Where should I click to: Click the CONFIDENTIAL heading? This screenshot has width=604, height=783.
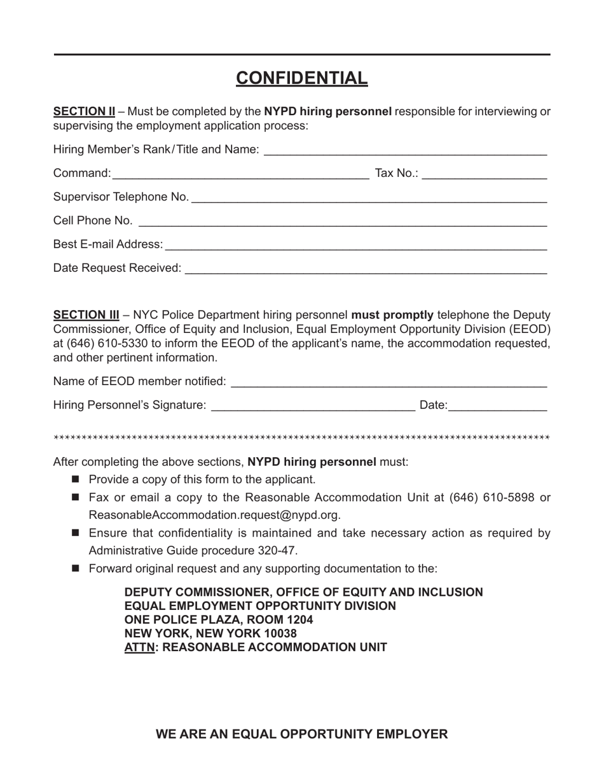point(301,78)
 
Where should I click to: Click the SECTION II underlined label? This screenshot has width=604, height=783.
point(84,111)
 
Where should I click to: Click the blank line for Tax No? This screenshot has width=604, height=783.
point(484,174)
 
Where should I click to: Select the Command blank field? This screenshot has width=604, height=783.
point(240,174)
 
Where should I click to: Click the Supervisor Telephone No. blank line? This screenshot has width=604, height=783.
point(369,198)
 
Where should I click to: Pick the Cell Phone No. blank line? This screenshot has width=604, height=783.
point(342,222)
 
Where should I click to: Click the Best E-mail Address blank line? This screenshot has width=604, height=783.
point(356,245)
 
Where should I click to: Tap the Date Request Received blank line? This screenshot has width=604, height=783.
point(366,269)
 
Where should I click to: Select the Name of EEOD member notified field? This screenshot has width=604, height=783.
point(388,382)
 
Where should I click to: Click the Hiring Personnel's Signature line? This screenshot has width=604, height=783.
point(313,406)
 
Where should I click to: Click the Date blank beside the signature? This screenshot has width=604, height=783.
point(498,406)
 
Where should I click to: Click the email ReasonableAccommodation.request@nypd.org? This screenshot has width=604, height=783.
point(214,515)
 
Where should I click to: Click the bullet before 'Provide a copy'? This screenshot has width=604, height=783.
point(76,479)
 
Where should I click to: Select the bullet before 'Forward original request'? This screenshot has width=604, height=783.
point(76,568)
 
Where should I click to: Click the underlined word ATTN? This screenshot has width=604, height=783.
point(139,647)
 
